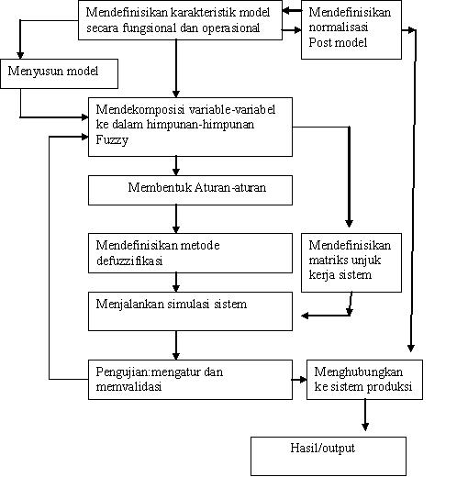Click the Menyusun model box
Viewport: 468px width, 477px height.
tap(60, 73)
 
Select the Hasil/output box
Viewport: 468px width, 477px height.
tap(329, 456)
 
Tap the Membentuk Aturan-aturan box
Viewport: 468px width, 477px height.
tap(190, 190)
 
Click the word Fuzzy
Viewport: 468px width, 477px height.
tap(112, 140)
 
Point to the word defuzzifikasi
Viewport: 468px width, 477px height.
tap(129, 261)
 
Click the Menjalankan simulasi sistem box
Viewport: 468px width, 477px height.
tap(190, 311)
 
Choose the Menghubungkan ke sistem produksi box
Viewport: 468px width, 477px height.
tap(364, 380)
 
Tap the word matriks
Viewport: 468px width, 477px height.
tap(327, 260)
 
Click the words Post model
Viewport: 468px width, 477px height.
tap(338, 42)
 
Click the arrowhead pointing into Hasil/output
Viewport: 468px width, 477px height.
tap(365, 427)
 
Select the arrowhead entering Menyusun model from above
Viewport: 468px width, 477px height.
tap(20, 55)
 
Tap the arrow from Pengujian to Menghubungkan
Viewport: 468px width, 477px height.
tap(299, 380)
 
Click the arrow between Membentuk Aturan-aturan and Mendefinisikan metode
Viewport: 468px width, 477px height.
tap(176, 219)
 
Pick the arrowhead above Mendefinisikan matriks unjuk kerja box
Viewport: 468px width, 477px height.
tap(349, 223)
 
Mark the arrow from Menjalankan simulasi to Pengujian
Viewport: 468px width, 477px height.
tap(176, 345)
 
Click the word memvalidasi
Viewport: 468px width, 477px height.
tap(128, 387)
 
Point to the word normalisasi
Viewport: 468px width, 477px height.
tap(339, 28)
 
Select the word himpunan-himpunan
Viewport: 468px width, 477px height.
tap(200, 125)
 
